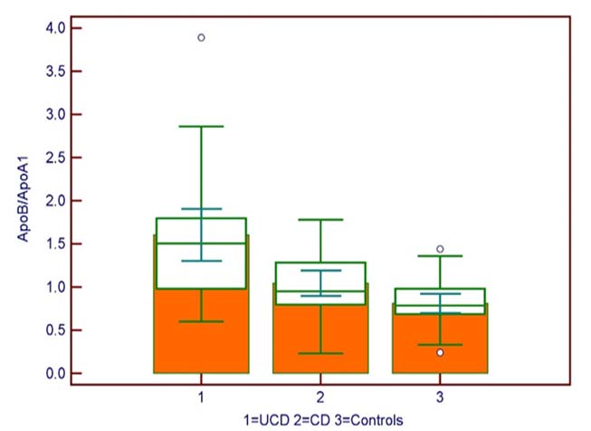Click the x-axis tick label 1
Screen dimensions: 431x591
pos(201,397)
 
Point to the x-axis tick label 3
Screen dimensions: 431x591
pos(440,397)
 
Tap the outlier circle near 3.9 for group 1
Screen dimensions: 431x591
pos(201,37)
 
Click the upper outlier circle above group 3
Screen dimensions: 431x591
pos(440,248)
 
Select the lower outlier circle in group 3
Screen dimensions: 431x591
pos(440,352)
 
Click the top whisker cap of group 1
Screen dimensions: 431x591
pos(201,127)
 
